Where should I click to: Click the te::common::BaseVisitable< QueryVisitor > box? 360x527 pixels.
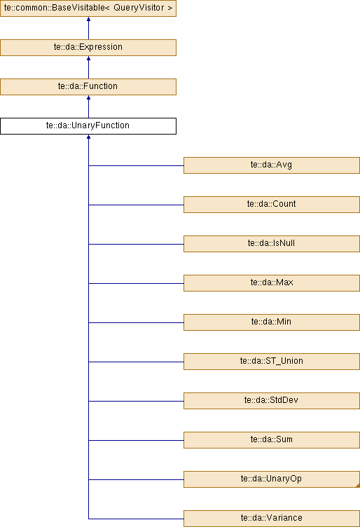(88, 8)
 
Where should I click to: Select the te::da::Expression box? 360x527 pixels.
(88, 48)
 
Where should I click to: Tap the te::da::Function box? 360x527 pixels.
(88, 87)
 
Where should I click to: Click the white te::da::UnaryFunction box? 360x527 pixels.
(88, 126)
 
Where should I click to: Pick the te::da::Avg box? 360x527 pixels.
(272, 165)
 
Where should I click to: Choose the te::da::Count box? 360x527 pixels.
(272, 205)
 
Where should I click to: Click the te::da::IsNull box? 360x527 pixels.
(272, 244)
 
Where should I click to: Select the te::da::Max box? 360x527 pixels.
(272, 283)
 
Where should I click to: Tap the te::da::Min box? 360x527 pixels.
(272, 322)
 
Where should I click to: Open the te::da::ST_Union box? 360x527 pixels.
(272, 362)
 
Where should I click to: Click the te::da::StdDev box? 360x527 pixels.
(272, 401)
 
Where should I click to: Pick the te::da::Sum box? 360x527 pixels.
(272, 440)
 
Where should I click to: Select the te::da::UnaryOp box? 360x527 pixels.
(272, 479)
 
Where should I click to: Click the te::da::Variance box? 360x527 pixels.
(272, 519)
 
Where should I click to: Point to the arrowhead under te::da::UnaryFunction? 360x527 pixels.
(89, 137)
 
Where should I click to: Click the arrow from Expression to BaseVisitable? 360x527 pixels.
(89, 28)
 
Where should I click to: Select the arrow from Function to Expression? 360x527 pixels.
(89, 67)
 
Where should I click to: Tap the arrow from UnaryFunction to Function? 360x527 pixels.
(89, 107)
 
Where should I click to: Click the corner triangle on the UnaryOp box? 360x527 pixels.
(358, 486)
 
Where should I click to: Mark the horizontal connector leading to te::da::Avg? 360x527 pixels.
(136, 165)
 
